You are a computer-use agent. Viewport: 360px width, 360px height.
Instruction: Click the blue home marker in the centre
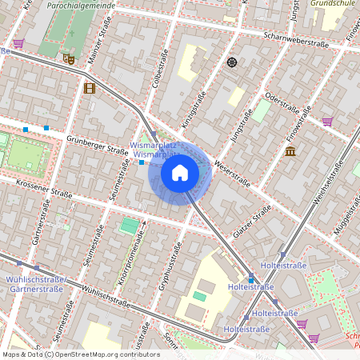pos(180,172)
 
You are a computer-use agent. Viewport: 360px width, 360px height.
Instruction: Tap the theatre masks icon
pos(68,58)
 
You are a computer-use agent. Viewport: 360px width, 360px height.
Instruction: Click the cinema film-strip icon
pos(89,88)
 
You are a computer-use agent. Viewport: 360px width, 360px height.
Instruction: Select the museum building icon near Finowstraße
pos(290,150)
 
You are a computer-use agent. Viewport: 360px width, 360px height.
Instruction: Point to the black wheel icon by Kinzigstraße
pos(232,62)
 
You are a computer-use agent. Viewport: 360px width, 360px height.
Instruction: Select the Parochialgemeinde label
pos(81,5)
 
